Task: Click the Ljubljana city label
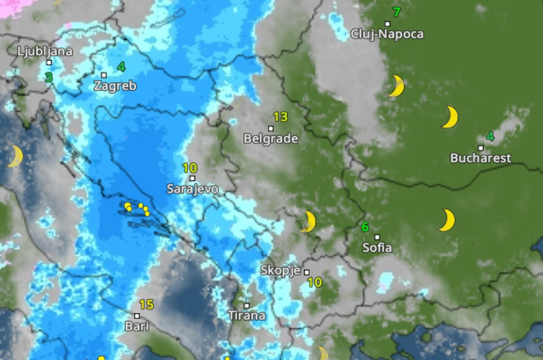click(45, 51)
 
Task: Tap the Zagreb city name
click(116, 86)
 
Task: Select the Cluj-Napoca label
click(387, 34)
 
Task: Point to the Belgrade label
click(271, 139)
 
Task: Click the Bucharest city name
click(481, 158)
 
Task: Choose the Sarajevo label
click(192, 188)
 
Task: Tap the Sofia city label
click(377, 248)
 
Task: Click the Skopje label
click(280, 270)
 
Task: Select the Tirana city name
click(247, 316)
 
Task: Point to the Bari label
click(137, 326)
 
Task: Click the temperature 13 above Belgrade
click(280, 117)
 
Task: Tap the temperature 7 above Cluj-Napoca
click(396, 12)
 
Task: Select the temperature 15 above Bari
click(146, 305)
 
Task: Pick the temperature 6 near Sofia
click(365, 227)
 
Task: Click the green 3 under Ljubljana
click(49, 77)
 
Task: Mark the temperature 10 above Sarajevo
click(189, 168)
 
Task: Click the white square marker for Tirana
click(247, 306)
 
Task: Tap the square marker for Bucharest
click(481, 148)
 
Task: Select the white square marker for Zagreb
click(104, 75)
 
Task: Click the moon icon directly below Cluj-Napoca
click(396, 86)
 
